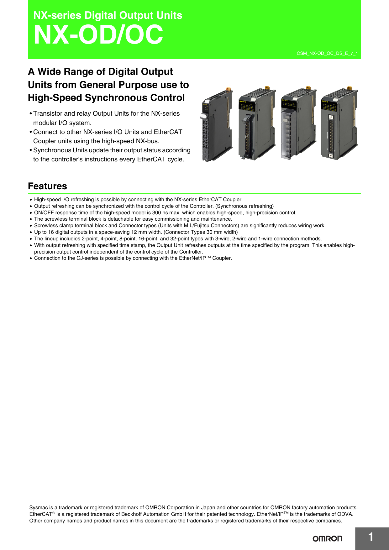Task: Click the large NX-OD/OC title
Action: tap(98, 35)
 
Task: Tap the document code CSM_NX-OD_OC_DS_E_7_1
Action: tap(327, 54)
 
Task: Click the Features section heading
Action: tap(47, 186)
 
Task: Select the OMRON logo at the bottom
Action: tap(327, 538)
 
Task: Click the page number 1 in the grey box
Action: tap(371, 537)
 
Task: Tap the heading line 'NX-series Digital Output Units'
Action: tap(108, 15)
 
